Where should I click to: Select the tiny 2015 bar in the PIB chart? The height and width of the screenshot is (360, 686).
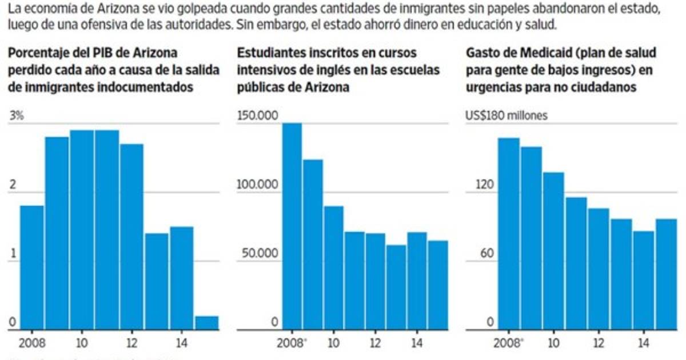(x=207, y=323)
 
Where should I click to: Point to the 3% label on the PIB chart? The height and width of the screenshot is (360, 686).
(x=15, y=115)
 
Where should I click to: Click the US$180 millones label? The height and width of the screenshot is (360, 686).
(x=506, y=115)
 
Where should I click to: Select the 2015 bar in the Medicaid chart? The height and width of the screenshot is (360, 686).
(x=666, y=274)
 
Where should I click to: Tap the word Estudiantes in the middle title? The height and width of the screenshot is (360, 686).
(x=266, y=53)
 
